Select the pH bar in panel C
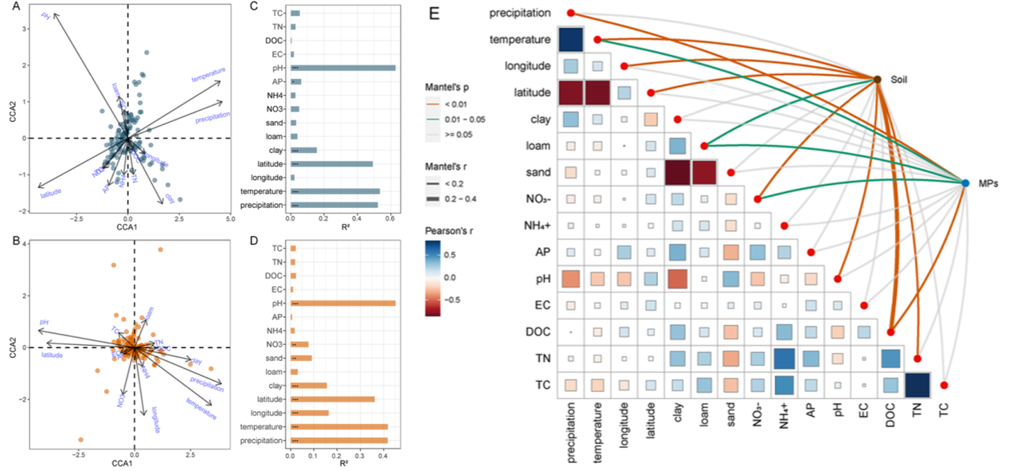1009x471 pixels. click(x=343, y=68)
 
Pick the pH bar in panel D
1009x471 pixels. click(x=343, y=303)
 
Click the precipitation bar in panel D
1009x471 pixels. click(x=339, y=440)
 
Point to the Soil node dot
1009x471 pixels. click(x=877, y=79)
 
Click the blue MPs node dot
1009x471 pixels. click(x=965, y=183)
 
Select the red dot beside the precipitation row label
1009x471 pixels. click(x=571, y=13)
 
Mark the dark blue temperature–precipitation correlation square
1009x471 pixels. click(x=571, y=40)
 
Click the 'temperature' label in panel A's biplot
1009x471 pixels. click(x=209, y=74)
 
